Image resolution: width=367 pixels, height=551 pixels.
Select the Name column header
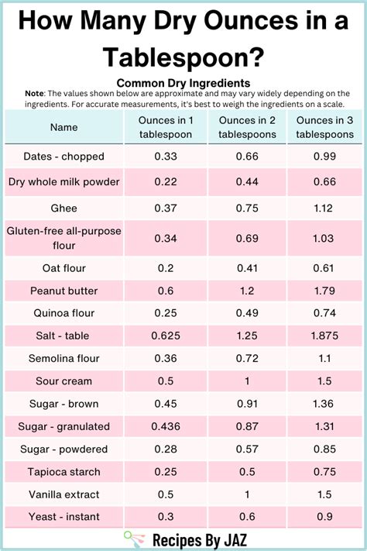click(64, 127)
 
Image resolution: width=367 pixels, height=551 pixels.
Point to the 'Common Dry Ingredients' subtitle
click(183, 82)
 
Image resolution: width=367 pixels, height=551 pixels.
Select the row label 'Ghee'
click(64, 208)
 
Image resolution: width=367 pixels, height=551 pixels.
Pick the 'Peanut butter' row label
click(64, 291)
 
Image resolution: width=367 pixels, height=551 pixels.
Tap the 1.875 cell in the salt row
click(323, 336)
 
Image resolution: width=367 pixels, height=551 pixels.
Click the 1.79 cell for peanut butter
click(323, 291)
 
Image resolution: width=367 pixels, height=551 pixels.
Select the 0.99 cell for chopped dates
click(323, 156)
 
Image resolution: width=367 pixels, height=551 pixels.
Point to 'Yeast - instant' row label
click(64, 517)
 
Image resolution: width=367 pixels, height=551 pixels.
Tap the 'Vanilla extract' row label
click(64, 494)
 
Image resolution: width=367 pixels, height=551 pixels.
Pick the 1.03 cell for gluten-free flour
click(323, 237)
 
